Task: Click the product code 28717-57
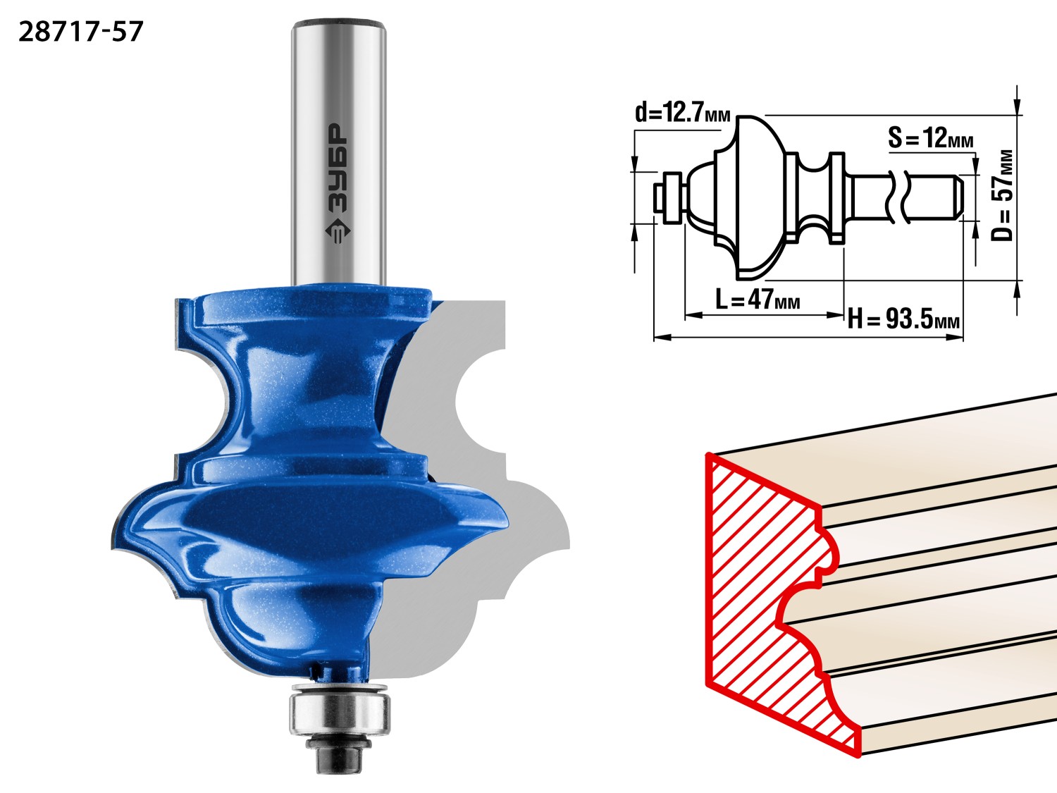pos(81,32)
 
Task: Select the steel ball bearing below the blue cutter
pos(338,712)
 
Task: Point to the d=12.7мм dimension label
pos(682,113)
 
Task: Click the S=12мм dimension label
pos(930,138)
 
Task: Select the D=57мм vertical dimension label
pos(1002,195)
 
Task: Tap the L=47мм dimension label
pos(758,300)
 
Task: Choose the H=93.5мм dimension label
pos(903,319)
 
